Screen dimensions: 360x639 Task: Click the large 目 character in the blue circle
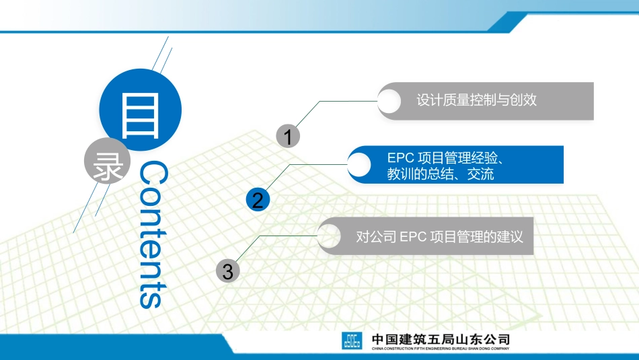[141, 114]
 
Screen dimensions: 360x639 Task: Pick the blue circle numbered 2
[258, 199]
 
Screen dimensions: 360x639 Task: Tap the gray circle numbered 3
[228, 271]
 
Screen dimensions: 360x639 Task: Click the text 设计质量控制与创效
[477, 101]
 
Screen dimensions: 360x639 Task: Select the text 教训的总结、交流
[441, 174]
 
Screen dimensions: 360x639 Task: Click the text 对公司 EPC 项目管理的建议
[439, 237]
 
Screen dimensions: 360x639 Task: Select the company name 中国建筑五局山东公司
[441, 338]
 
